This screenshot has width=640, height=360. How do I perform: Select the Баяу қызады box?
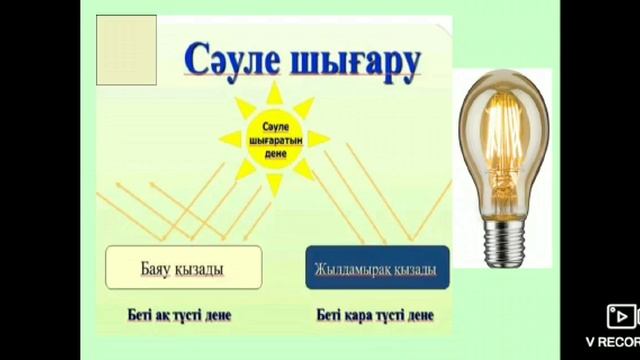(183, 267)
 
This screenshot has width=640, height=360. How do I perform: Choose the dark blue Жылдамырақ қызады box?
(377, 268)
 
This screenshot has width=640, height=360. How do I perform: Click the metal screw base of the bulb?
(504, 240)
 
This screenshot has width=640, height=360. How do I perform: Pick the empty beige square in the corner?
(126, 49)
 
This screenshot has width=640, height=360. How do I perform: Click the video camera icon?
(619, 317)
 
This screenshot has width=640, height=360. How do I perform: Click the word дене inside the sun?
(275, 157)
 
